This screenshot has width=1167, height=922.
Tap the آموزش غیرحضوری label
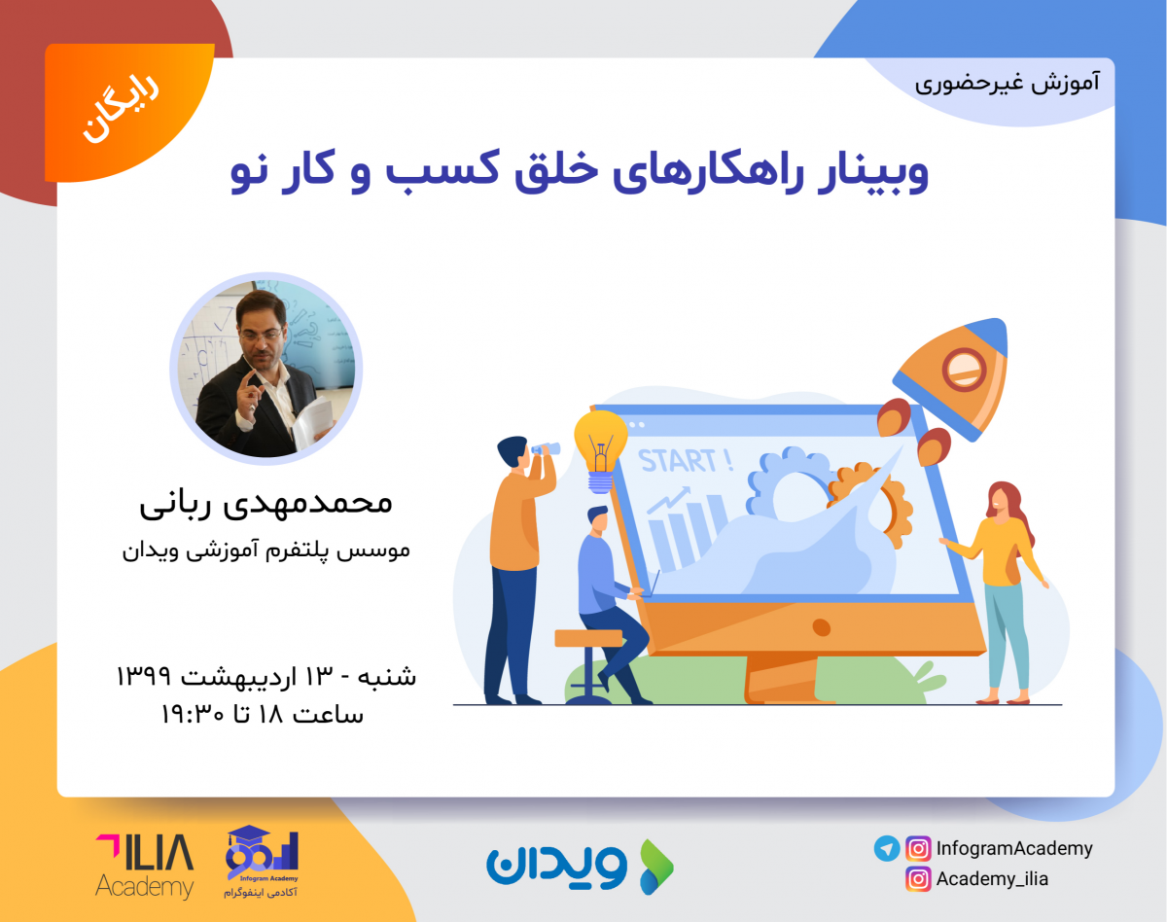(1007, 82)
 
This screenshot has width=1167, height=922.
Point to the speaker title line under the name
(265, 550)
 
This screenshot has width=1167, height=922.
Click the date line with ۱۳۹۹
(265, 674)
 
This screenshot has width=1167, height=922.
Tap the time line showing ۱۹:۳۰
(263, 714)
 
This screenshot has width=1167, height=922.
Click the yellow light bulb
(600, 444)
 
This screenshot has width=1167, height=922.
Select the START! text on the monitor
(686, 460)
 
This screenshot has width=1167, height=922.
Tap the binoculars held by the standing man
(545, 448)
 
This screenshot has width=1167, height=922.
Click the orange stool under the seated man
(588, 639)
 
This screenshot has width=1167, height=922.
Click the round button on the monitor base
(822, 627)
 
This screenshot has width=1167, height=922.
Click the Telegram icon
(887, 848)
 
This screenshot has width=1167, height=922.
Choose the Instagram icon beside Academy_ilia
(918, 879)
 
